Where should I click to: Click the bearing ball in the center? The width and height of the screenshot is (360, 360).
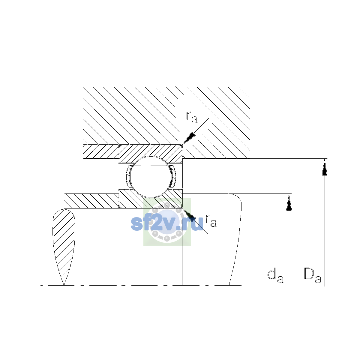point(151,177)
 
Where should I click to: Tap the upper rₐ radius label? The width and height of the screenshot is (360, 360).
point(192,117)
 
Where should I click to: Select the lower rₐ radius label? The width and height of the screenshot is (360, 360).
point(211,221)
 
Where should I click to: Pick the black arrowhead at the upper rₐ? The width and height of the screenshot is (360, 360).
point(189,138)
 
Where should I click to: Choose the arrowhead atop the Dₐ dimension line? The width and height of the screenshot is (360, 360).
point(325,167)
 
